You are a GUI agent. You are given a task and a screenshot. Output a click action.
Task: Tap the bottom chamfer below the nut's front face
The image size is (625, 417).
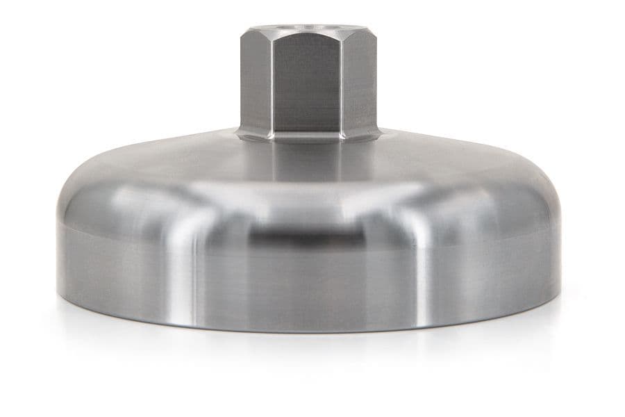click(x=308, y=137)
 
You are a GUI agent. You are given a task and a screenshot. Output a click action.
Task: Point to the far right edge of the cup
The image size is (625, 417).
click(x=560, y=257)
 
